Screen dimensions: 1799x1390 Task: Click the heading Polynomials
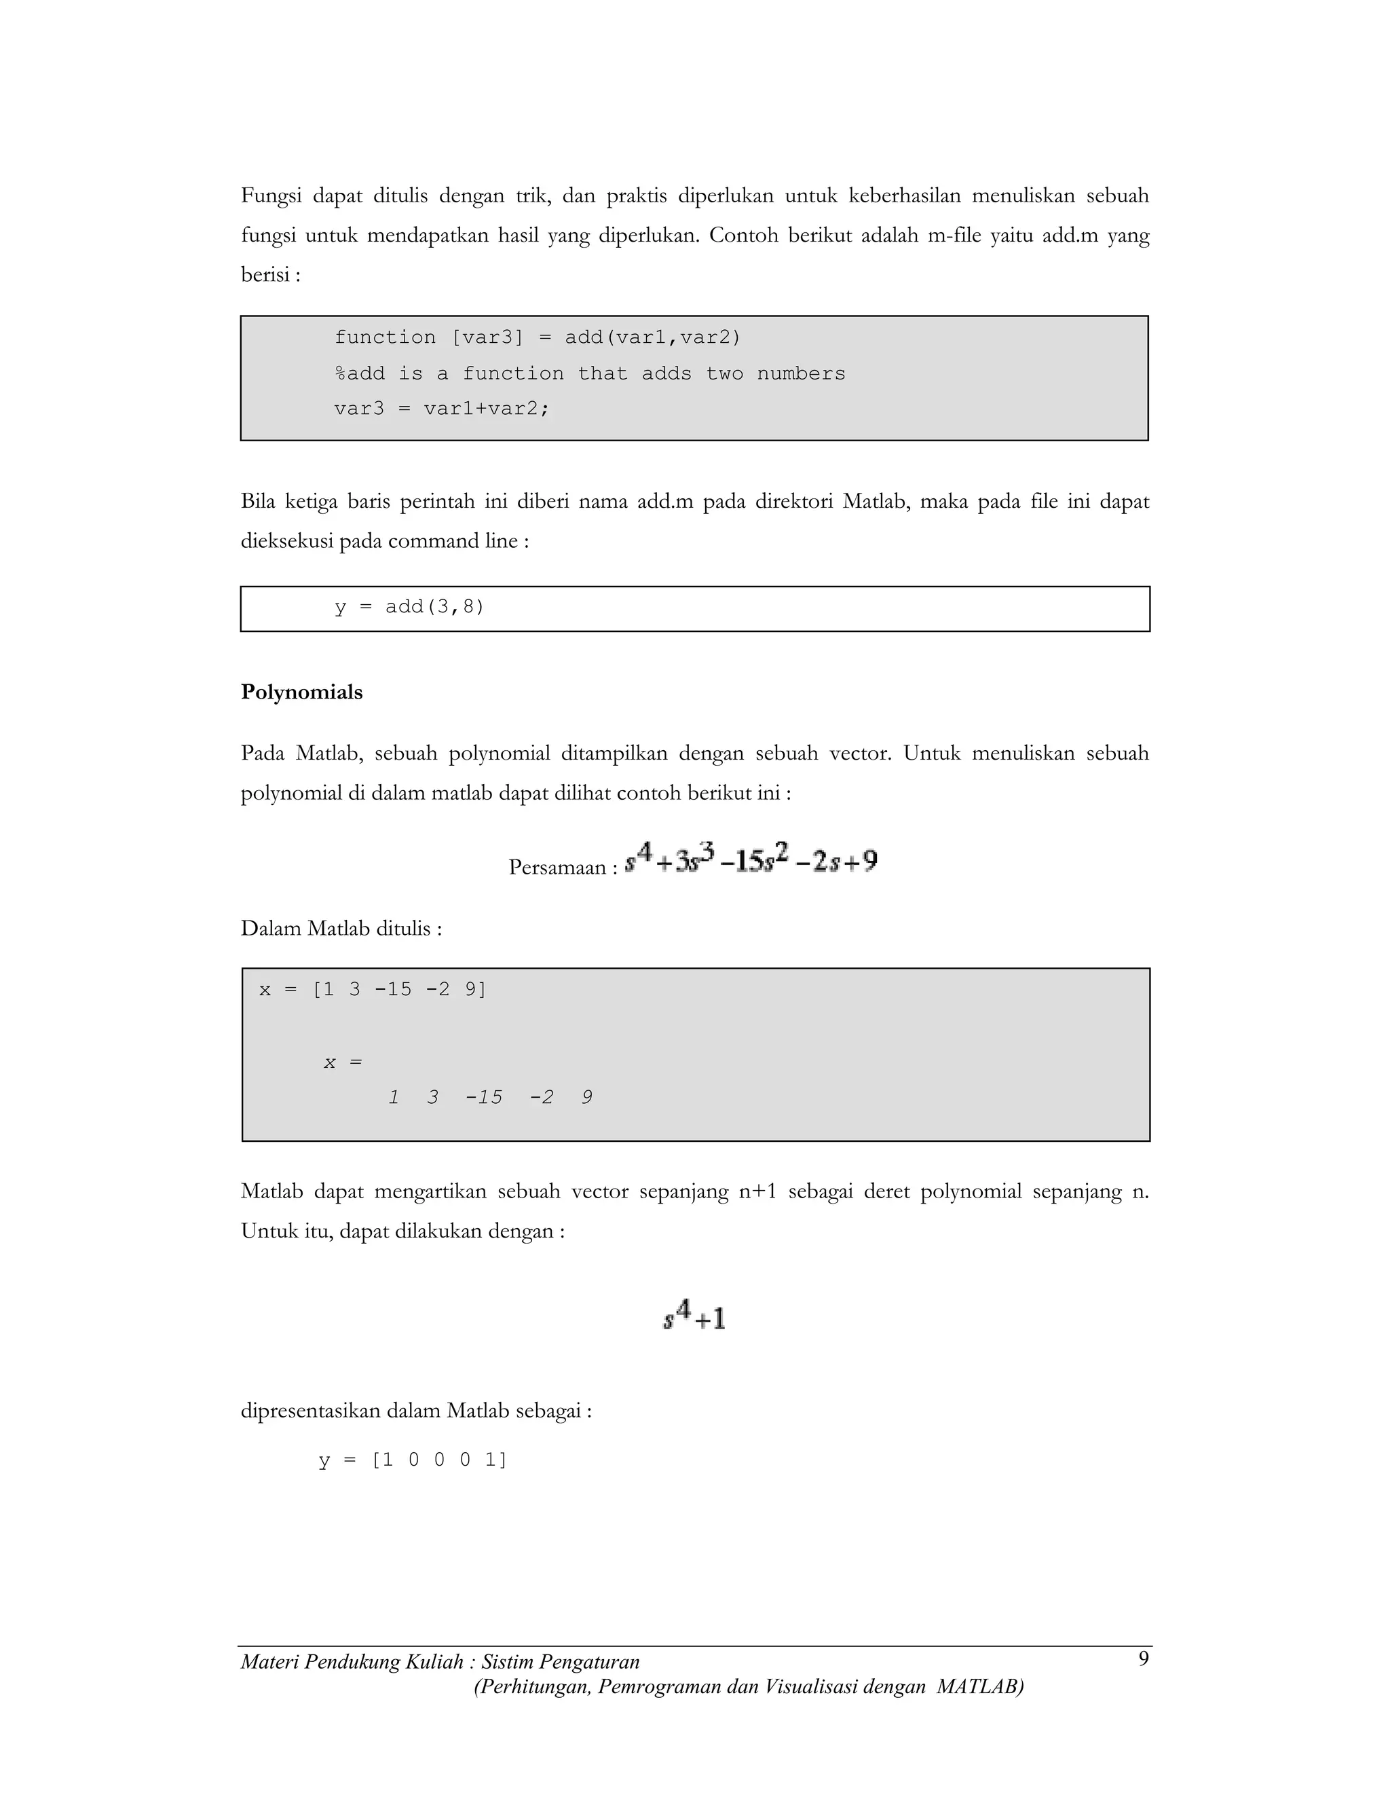pos(301,692)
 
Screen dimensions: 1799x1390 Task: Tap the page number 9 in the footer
pos(1143,1659)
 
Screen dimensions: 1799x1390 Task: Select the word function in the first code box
pos(385,337)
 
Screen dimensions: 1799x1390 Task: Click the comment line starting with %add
pos(590,374)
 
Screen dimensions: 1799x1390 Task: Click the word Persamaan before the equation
pos(557,868)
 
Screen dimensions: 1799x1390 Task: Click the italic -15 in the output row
pos(484,1098)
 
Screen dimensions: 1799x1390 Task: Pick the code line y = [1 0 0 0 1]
pos(413,1460)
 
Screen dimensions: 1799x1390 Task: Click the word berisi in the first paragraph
pos(265,275)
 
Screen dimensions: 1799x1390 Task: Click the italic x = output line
pos(343,1062)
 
